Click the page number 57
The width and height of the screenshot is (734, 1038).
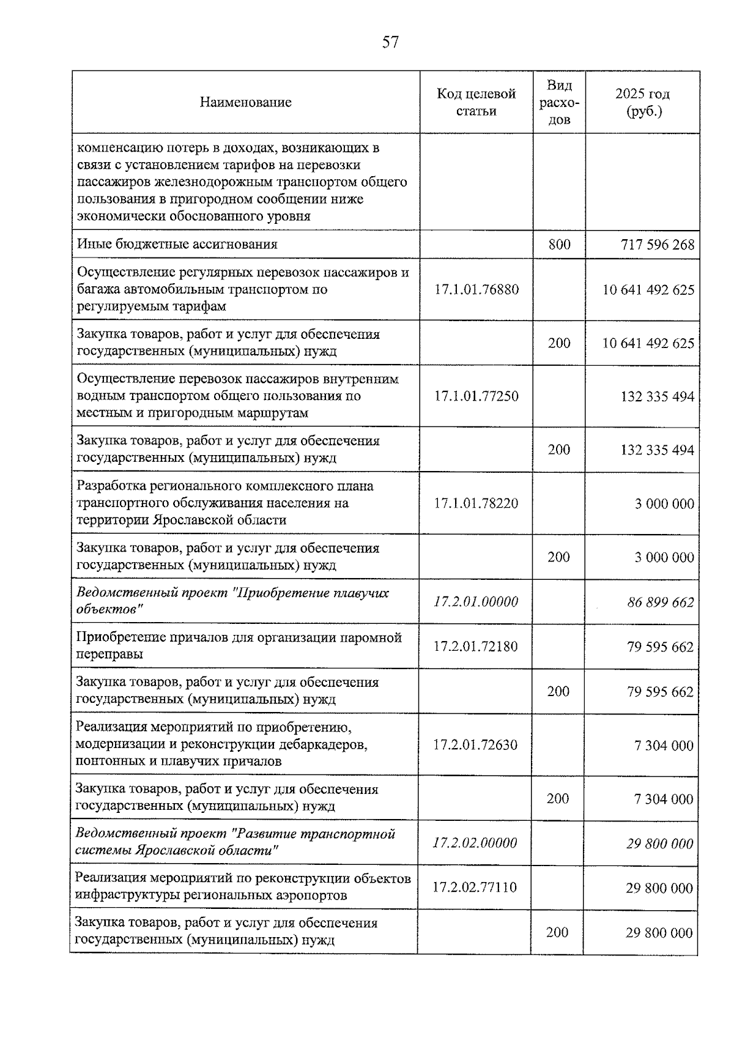coord(390,42)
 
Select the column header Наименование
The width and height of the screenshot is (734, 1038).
coord(245,102)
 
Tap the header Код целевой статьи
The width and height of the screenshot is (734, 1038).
coord(476,102)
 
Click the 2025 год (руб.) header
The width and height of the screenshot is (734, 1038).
coord(642,102)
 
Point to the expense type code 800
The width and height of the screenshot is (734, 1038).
coord(559,245)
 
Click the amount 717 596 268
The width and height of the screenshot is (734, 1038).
coord(658,245)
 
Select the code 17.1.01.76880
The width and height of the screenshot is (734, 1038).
coord(476,289)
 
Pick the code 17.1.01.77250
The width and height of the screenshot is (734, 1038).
coord(476,396)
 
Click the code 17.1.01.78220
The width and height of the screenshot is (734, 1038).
coord(476,503)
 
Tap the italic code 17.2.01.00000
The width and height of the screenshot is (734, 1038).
coord(476,602)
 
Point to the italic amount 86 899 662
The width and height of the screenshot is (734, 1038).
coord(660,602)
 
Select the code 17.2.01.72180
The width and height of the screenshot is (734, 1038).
coord(475,647)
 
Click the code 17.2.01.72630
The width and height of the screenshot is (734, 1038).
coord(475,745)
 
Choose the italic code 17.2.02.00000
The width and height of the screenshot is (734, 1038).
coord(475,843)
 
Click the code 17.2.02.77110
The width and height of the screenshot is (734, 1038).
coord(475,888)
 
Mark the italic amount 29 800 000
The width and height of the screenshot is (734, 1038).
coord(659,844)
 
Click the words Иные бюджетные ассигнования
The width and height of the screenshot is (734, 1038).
coord(177,245)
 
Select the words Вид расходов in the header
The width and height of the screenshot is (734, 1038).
coord(559,102)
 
